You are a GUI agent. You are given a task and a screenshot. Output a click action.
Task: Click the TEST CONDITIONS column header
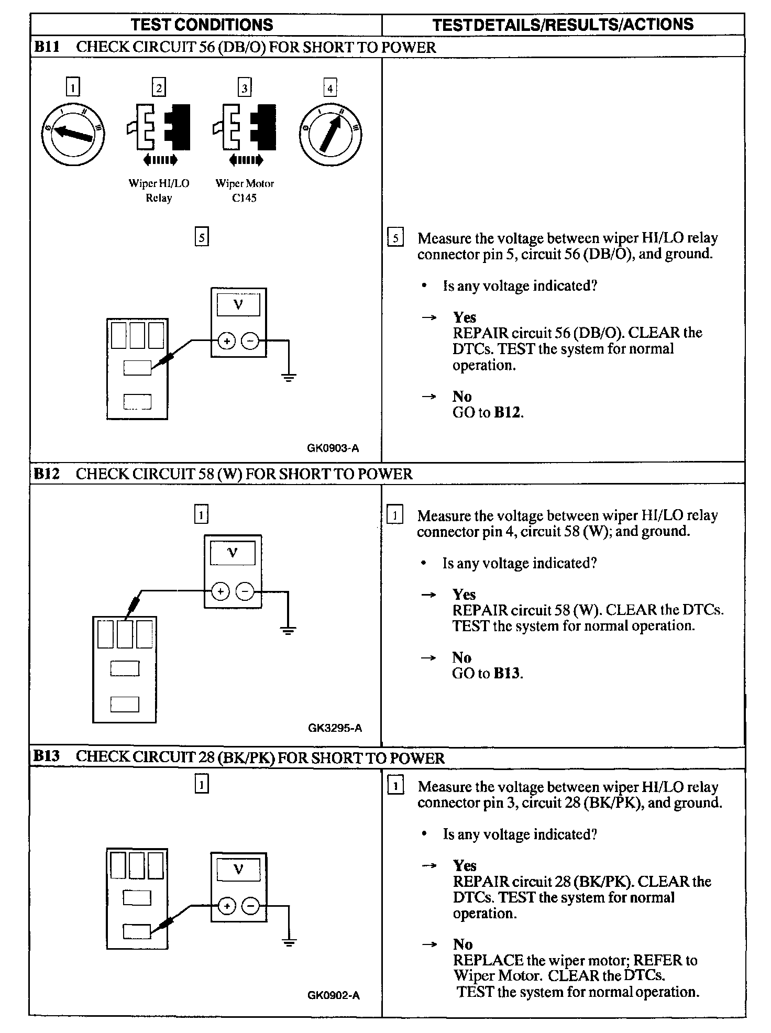pyautogui.click(x=202, y=25)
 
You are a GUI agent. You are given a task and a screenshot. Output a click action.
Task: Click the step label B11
pyautogui.click(x=46, y=47)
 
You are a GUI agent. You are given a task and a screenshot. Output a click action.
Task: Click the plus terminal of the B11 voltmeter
pyautogui.click(x=227, y=342)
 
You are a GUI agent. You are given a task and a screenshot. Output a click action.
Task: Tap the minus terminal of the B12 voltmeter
pyautogui.click(x=245, y=592)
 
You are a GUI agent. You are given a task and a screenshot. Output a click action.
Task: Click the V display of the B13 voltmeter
pyautogui.click(x=238, y=871)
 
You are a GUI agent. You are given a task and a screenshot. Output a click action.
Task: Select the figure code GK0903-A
pyautogui.click(x=333, y=448)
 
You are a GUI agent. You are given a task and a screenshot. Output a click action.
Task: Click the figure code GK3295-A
pyautogui.click(x=335, y=728)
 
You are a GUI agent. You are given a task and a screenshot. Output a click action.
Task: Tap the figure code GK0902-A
pyautogui.click(x=333, y=995)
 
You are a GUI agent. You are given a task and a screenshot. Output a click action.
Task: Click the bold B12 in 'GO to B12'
pyautogui.click(x=508, y=413)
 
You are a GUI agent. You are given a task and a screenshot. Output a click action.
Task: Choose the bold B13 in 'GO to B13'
pyautogui.click(x=507, y=674)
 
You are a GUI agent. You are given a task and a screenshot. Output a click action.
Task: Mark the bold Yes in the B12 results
pyautogui.click(x=464, y=595)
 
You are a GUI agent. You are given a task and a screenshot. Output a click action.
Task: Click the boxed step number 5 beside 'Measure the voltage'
pyautogui.click(x=395, y=238)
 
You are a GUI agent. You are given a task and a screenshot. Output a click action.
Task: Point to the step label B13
pyautogui.click(x=46, y=756)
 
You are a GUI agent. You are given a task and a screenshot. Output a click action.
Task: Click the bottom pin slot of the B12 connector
pyautogui.click(x=125, y=705)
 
